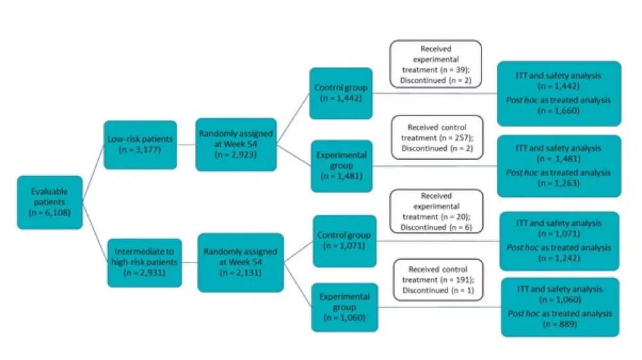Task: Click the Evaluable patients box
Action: click(x=50, y=202)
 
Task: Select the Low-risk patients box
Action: click(x=140, y=145)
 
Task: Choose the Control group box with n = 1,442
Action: click(x=341, y=93)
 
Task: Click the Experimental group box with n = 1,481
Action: click(x=342, y=166)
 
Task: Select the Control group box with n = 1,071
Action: click(x=344, y=241)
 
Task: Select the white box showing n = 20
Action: click(x=437, y=211)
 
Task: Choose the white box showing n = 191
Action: click(x=435, y=280)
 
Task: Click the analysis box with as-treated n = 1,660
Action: click(x=559, y=93)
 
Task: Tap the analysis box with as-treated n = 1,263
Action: click(x=559, y=166)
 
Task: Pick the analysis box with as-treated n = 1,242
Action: click(x=559, y=241)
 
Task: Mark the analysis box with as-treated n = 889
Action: click(x=560, y=307)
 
